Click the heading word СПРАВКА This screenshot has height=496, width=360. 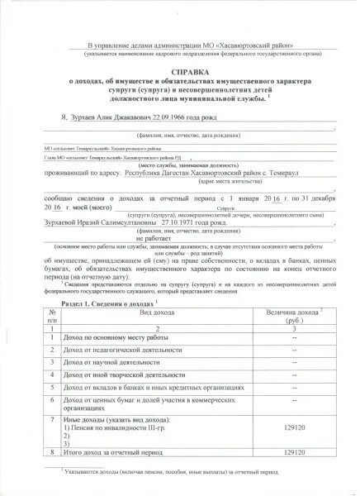(x=179, y=73)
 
